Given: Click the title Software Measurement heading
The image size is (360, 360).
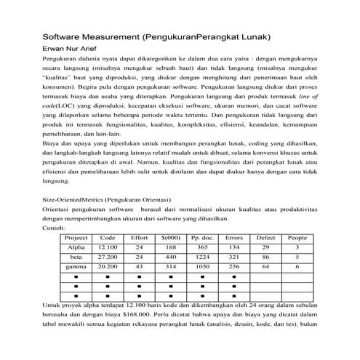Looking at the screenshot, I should click(x=156, y=36).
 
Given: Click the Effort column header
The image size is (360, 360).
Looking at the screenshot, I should click(x=138, y=238).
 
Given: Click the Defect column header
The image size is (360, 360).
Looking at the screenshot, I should click(x=265, y=238).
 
